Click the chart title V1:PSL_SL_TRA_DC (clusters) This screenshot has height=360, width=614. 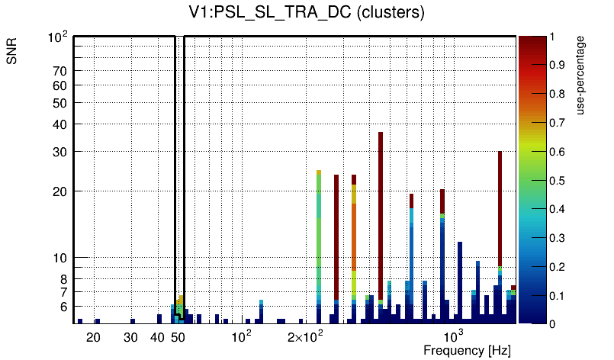[306, 13]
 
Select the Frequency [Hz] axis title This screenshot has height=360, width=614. [466, 350]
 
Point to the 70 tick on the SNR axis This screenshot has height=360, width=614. [60, 72]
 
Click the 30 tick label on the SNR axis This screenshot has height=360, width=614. [60, 152]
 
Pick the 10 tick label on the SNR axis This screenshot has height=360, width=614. [60, 258]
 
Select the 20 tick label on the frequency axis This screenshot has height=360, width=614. [93, 337]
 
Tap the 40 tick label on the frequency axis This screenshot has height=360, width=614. [157, 337]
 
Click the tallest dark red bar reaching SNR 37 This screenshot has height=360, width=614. [380, 214]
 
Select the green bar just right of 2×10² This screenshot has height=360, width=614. [319, 229]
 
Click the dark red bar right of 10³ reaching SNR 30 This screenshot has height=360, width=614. [500, 206]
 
